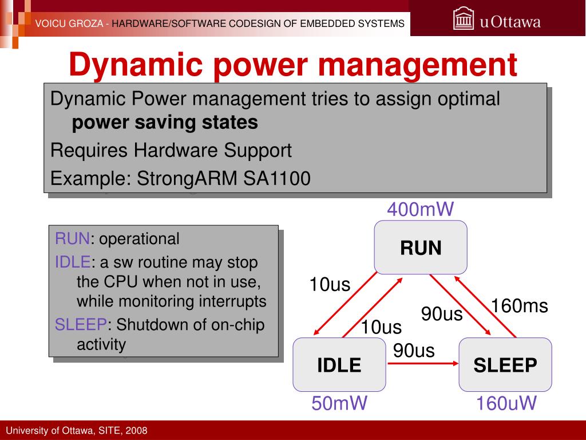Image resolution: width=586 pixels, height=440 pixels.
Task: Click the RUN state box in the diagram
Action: pyautogui.click(x=421, y=247)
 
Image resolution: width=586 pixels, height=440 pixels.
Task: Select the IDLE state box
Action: pyautogui.click(x=339, y=364)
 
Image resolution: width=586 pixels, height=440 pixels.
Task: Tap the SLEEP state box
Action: pyautogui.click(x=505, y=364)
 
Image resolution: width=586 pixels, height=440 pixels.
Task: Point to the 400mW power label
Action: pyautogui.click(x=421, y=209)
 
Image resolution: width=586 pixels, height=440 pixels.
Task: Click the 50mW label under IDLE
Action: pyautogui.click(x=339, y=403)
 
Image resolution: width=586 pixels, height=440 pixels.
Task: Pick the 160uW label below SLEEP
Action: pyautogui.click(x=506, y=403)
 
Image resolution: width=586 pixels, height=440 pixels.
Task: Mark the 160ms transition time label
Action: pyautogui.click(x=520, y=306)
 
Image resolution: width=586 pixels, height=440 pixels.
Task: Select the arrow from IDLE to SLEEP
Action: pyautogui.click(x=423, y=363)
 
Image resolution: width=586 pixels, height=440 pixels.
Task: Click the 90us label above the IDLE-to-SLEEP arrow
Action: pyautogui.click(x=414, y=351)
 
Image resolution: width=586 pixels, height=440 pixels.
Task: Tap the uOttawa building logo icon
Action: pyautogui.click(x=464, y=19)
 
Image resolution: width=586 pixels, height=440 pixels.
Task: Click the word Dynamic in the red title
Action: pyautogui.click(x=136, y=65)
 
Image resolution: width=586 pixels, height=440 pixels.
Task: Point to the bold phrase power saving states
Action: pyautogui.click(x=165, y=123)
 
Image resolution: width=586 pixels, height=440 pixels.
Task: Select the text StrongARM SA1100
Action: pyautogui.click(x=224, y=178)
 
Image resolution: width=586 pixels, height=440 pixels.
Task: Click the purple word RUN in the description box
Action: pyautogui.click(x=73, y=239)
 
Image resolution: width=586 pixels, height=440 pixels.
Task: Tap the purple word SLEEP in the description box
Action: pyautogui.click(x=81, y=324)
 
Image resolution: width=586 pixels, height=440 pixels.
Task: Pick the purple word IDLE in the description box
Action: pyautogui.click(x=73, y=262)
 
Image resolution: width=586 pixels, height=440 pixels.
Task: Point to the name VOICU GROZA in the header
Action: pyautogui.click(x=69, y=23)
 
